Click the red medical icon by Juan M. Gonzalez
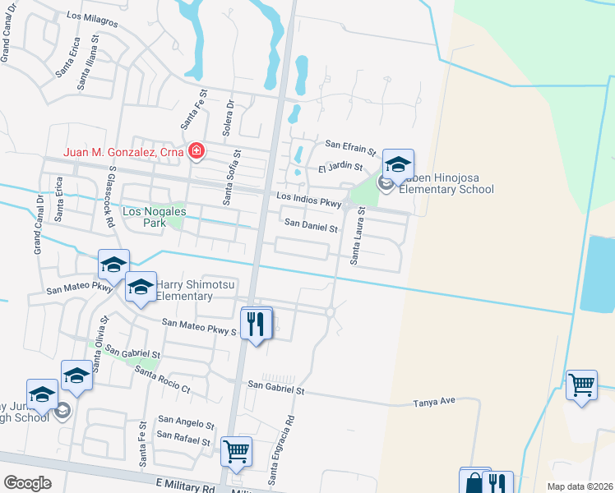pyautogui.click(x=196, y=151)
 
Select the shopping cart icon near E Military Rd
pyautogui.click(x=237, y=451)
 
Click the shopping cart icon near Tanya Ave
pyautogui.click(x=581, y=384)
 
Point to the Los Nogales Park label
pyautogui.click(x=154, y=217)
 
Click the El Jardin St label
pyautogui.click(x=340, y=168)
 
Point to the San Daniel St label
pyautogui.click(x=311, y=224)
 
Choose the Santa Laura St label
pyautogui.click(x=357, y=235)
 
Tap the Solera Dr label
pyautogui.click(x=229, y=120)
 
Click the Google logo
pyautogui.click(x=28, y=483)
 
